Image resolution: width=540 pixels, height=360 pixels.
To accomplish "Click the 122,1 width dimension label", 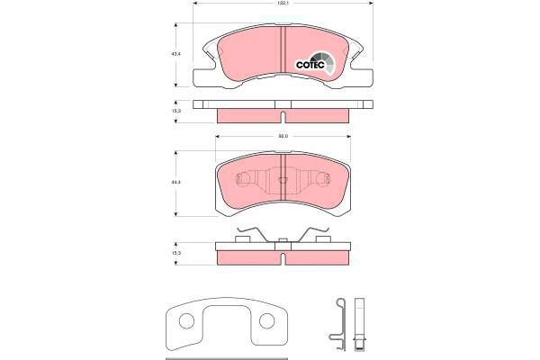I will click(283, 4).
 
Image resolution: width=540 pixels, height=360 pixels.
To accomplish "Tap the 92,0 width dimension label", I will click(283, 136).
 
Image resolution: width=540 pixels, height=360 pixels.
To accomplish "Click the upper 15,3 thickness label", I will click(177, 111).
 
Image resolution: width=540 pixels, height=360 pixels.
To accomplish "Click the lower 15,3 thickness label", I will click(177, 254).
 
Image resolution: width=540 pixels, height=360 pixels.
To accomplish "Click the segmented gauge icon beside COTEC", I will click(331, 61).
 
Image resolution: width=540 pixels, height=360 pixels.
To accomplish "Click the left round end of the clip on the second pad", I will click(239, 178).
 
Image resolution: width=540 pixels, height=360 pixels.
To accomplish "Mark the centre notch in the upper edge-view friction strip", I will click(283, 117).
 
